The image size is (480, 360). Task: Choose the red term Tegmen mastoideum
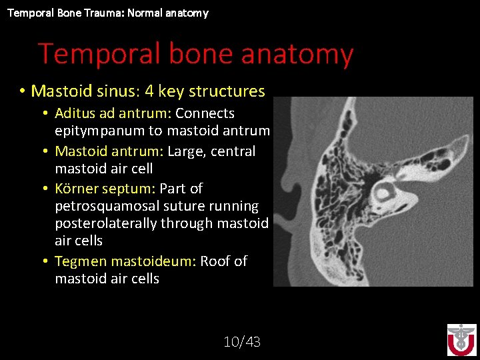[124, 261]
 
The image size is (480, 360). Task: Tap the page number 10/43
[242, 342]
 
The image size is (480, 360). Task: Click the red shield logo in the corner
[461, 340]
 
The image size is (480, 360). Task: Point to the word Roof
[216, 261]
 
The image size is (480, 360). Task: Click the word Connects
[205, 113]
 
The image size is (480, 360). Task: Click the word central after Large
[231, 151]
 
